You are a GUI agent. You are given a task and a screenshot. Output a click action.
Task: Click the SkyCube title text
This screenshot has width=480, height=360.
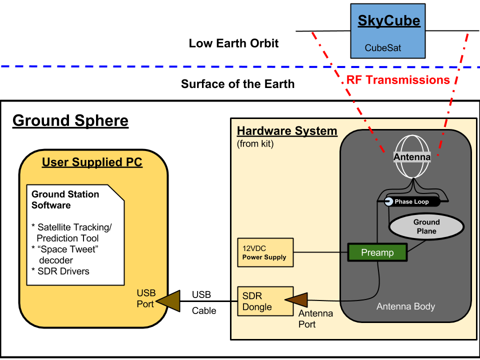388,21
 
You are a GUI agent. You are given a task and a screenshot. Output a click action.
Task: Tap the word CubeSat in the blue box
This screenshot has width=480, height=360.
382,48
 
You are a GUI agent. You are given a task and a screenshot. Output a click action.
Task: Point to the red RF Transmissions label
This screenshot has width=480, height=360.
398,80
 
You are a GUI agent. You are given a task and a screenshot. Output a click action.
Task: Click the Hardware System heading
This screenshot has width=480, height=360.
287,131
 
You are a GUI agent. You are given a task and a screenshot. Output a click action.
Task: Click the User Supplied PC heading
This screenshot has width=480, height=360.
92,162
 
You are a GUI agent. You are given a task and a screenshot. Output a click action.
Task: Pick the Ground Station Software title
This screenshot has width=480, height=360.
65,199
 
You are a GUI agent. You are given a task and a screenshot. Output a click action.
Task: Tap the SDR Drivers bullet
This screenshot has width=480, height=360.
60,271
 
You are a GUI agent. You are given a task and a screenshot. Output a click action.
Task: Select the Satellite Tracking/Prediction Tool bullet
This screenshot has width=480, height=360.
71,232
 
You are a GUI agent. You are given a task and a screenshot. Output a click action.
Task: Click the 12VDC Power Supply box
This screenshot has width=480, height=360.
265,252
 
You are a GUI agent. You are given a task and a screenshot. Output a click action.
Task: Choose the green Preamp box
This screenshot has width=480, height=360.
377,252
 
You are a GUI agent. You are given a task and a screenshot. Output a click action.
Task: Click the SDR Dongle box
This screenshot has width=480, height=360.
265,301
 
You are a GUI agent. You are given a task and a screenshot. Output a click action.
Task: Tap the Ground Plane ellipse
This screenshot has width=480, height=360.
426,226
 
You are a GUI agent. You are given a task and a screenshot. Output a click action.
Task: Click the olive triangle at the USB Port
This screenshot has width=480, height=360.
168,301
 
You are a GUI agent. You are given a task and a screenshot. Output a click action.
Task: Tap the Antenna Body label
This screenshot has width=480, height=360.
405,306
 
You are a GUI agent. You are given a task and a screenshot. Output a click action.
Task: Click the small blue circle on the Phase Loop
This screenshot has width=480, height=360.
388,201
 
